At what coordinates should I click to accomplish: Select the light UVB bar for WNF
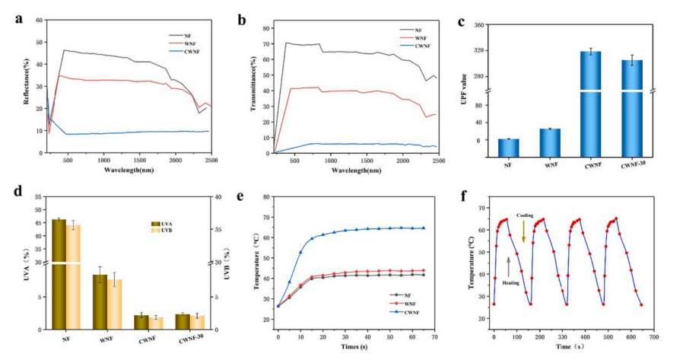pyautogui.click(x=114, y=304)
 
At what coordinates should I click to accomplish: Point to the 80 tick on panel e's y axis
pyautogui.click(x=267, y=196)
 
